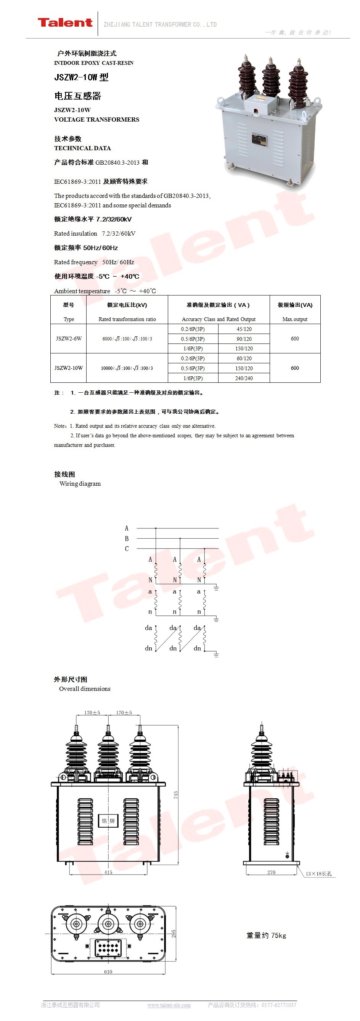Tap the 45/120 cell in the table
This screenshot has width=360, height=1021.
(244, 329)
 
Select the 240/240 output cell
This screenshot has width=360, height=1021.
(244, 378)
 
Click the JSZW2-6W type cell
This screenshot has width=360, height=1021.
(69, 339)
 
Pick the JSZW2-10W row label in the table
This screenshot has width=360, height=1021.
(69, 368)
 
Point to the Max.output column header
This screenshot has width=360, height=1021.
(294, 319)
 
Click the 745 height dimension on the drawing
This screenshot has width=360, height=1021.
(176, 795)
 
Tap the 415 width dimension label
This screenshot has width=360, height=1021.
(108, 872)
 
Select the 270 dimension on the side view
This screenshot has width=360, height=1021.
(271, 872)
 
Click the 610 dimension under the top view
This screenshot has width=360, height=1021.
(108, 971)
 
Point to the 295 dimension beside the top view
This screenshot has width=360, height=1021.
(174, 933)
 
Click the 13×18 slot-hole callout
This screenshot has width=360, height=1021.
(318, 873)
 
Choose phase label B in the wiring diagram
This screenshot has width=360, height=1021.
(127, 538)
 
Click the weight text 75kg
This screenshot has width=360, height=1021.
(266, 935)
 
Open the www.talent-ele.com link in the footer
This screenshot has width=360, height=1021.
(169, 1005)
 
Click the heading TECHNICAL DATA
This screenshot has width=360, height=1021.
(82, 148)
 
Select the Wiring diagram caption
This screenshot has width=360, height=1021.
(80, 483)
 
